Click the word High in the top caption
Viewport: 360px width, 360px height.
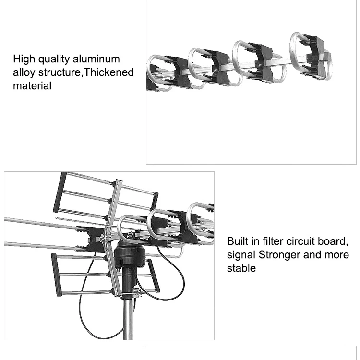click(23, 60)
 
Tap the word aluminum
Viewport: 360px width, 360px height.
click(96, 60)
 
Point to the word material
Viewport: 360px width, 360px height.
click(32, 86)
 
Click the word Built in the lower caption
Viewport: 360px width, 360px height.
click(239, 241)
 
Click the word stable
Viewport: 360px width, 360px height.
click(241, 268)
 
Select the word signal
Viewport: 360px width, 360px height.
click(241, 254)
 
